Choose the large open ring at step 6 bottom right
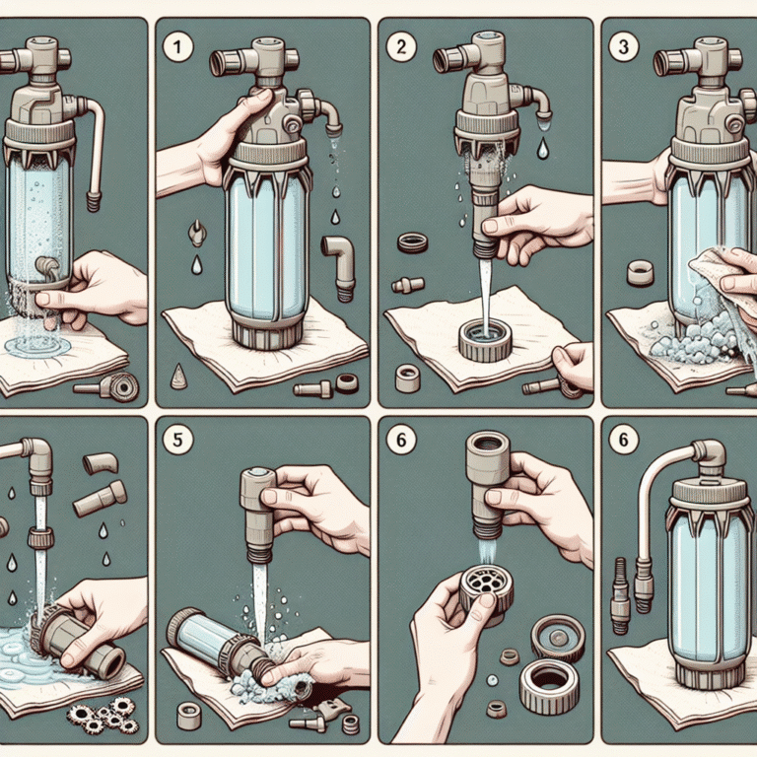[x=548, y=682]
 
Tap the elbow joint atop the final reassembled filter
[x=707, y=455]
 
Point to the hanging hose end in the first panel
[x=95, y=201]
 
